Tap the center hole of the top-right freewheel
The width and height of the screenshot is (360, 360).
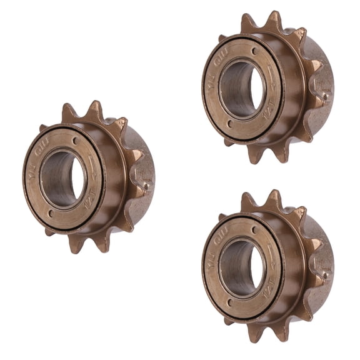click(x=242, y=88)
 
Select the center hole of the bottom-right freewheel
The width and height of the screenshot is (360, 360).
click(x=242, y=268)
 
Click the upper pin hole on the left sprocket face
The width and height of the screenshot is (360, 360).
click(x=76, y=141)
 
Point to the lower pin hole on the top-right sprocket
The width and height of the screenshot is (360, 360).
click(x=231, y=124)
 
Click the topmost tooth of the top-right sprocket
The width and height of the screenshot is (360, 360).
click(x=274, y=17)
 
